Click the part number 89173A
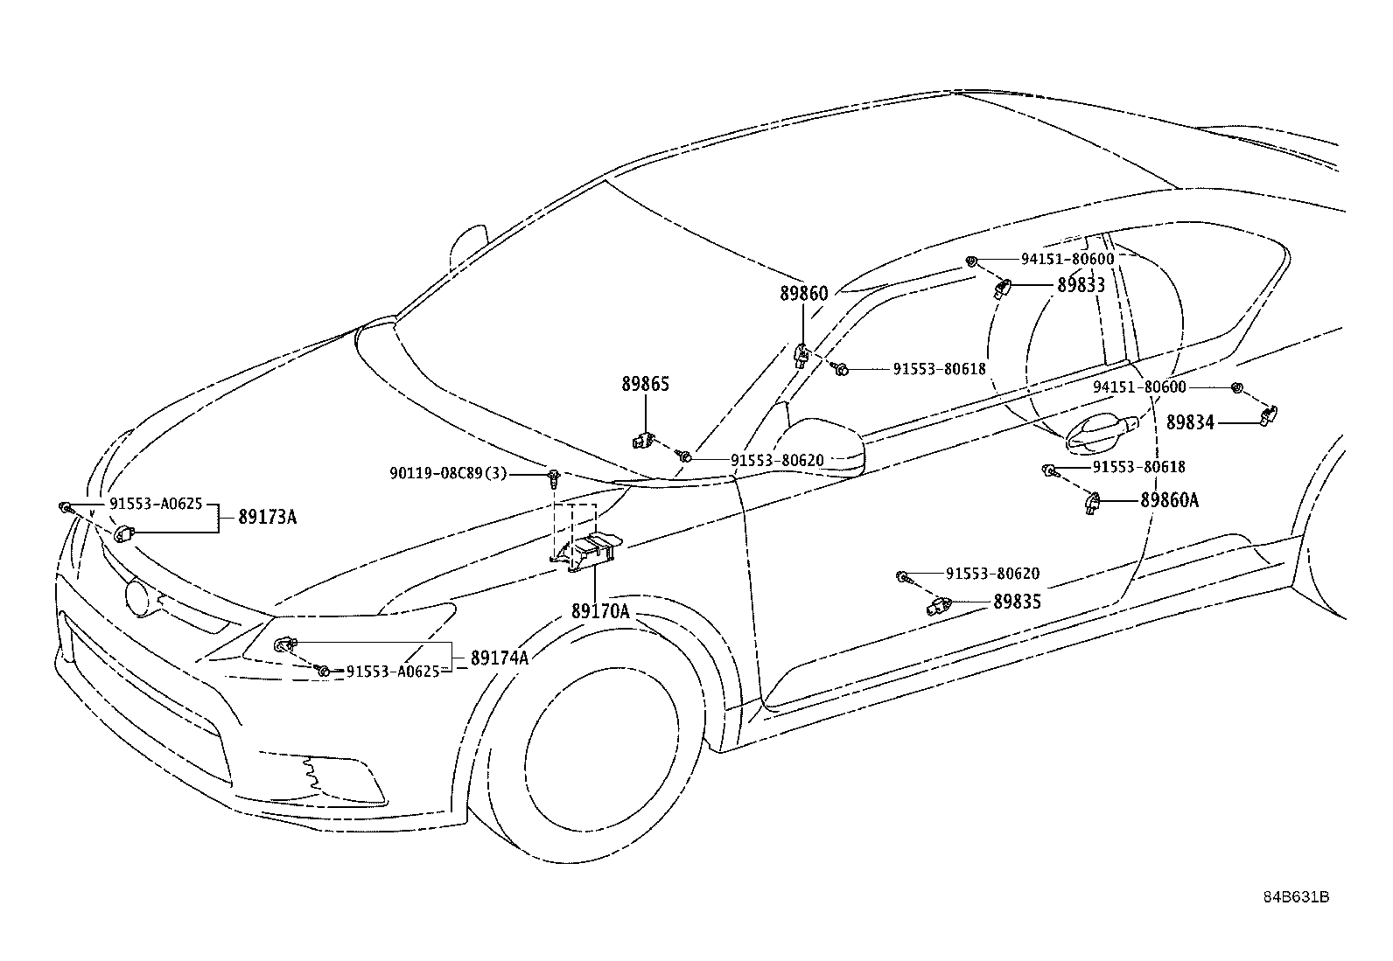(x=268, y=517)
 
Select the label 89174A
(x=500, y=658)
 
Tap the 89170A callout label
(x=601, y=611)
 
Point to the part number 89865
(x=646, y=384)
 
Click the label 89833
(x=1081, y=285)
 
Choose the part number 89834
(x=1190, y=422)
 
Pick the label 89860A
(x=1169, y=500)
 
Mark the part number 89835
(x=1018, y=602)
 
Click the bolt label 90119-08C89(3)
(x=448, y=474)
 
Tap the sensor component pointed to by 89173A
(x=123, y=533)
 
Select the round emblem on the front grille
(x=136, y=596)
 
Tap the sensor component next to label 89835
(x=940, y=605)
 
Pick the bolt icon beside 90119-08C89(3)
(x=552, y=477)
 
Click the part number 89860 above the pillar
(x=804, y=294)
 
